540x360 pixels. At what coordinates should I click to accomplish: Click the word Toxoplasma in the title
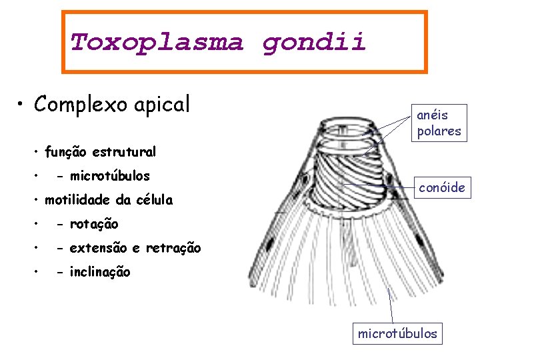pyautogui.click(x=157, y=43)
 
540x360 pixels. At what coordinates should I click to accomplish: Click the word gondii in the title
pyautogui.click(x=314, y=43)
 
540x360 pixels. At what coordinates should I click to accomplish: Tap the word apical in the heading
pyautogui.click(x=163, y=104)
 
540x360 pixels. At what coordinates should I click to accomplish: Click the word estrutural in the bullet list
pyautogui.click(x=124, y=152)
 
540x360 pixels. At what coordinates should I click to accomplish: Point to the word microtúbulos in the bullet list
pyautogui.click(x=111, y=176)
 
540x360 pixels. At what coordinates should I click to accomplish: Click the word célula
pyautogui.click(x=154, y=200)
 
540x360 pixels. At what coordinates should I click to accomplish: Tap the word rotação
pyautogui.click(x=95, y=224)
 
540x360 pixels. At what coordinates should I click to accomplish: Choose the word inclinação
pyautogui.click(x=101, y=272)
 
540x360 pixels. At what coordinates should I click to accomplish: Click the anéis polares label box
pyautogui.click(x=439, y=123)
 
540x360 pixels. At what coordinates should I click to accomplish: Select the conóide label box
pyautogui.click(x=442, y=187)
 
